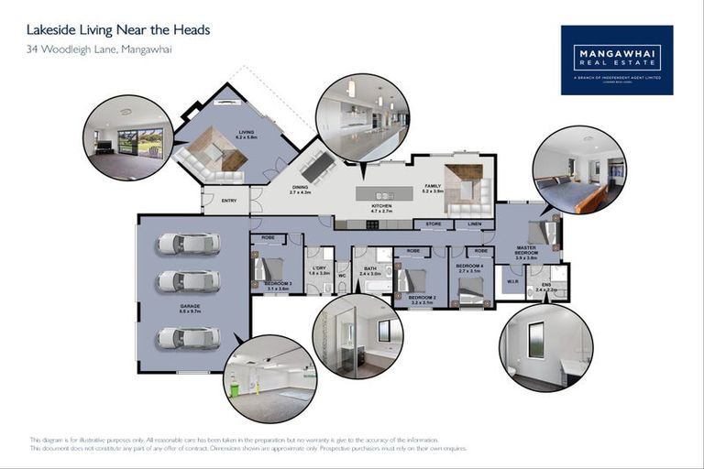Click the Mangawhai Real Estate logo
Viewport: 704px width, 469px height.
[616, 60]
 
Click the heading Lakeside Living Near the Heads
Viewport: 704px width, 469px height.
[118, 30]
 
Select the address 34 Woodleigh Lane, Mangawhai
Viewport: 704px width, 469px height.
[99, 49]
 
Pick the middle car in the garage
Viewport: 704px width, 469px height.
[188, 281]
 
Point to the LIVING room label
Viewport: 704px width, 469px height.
[247, 133]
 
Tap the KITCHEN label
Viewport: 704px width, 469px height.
[381, 208]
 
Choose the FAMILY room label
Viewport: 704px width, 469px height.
[433, 188]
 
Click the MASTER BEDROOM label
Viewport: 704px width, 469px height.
[526, 250]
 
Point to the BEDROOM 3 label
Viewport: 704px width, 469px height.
[278, 285]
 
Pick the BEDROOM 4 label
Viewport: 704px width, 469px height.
[468, 268]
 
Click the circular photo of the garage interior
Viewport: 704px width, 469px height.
[270, 378]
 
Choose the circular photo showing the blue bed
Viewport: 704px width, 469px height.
[579, 170]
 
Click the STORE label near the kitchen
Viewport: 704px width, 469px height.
[434, 224]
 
